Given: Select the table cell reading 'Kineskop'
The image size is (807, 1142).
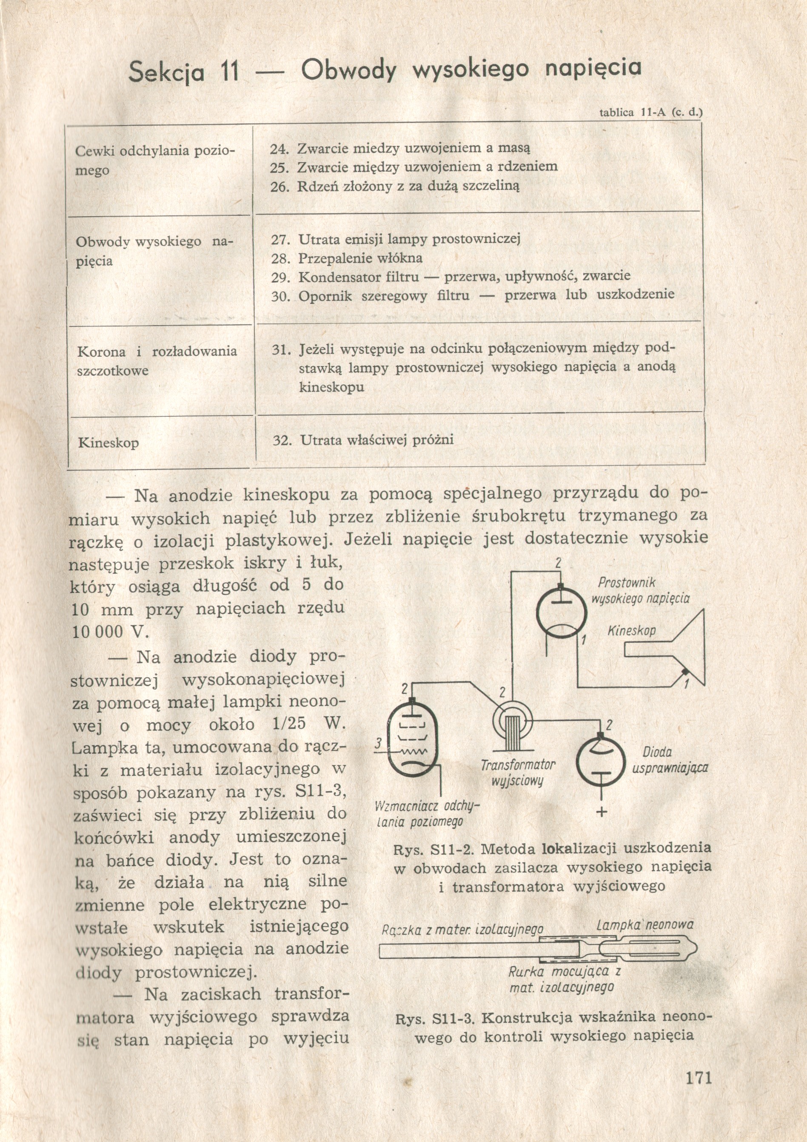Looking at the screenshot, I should coord(108,442).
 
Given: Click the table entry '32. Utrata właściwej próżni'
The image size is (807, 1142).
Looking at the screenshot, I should coord(363,440).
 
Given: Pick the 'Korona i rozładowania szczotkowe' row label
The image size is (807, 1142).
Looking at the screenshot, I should coord(157,361).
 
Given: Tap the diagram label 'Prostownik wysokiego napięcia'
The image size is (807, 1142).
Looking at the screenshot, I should coord(640,590).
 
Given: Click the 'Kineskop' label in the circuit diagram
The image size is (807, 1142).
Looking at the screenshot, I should coord(631,631).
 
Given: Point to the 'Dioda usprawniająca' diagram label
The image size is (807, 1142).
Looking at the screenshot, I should coord(670,760).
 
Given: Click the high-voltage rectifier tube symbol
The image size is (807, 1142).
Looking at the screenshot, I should coord(561,611).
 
